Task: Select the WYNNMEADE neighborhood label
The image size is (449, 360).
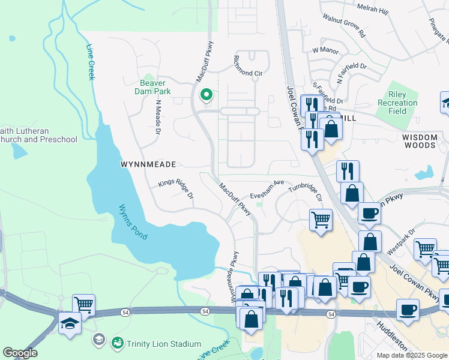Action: coord(148,164)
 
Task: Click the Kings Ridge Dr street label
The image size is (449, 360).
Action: coord(176,189)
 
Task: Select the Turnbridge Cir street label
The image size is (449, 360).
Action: coord(306,192)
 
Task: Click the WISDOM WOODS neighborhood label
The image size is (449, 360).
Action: coord(420,141)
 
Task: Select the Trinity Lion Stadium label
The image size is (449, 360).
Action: coord(164,344)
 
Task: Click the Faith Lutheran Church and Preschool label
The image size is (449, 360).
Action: coord(38,135)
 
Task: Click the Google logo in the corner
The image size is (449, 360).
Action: coord(20,353)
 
